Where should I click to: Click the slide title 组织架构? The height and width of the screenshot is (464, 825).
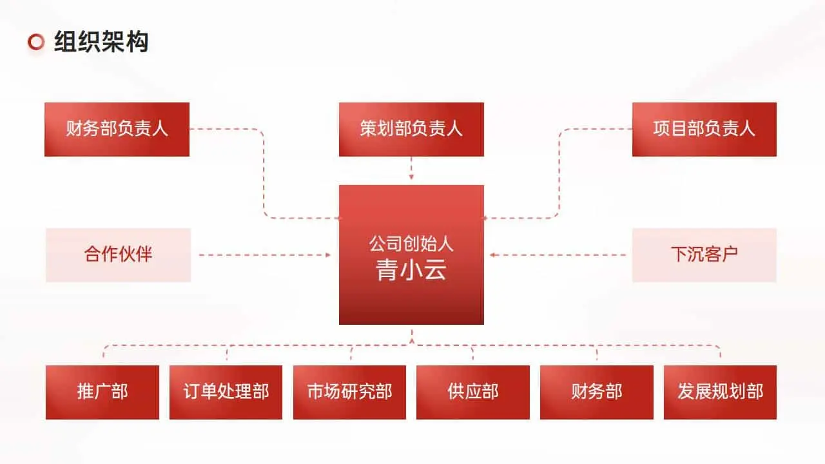point(101,42)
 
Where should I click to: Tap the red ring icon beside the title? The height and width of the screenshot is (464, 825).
point(36,42)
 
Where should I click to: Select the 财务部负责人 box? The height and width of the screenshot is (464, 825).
point(117,129)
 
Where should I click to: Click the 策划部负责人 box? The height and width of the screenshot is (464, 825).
point(411,129)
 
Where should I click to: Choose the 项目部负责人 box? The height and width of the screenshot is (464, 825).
point(704,129)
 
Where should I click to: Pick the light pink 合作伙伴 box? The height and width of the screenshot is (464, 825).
point(118,255)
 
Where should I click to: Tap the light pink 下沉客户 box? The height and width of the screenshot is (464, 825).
point(704,255)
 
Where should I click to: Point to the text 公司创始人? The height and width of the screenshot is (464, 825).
point(411,244)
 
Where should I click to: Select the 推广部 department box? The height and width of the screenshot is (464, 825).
point(102,392)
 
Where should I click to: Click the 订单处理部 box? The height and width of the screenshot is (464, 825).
point(226,392)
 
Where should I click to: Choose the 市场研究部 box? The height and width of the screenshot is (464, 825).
point(349,392)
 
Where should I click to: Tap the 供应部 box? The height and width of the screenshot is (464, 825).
point(473,392)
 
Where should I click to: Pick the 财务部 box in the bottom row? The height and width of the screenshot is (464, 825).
point(597,392)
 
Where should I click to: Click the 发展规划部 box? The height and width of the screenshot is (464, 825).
point(720,392)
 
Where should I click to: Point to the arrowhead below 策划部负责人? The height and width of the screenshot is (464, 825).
point(411,176)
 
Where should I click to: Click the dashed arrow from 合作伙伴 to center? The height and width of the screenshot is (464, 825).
point(264,255)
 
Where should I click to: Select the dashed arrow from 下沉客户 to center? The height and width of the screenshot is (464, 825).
point(558,255)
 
